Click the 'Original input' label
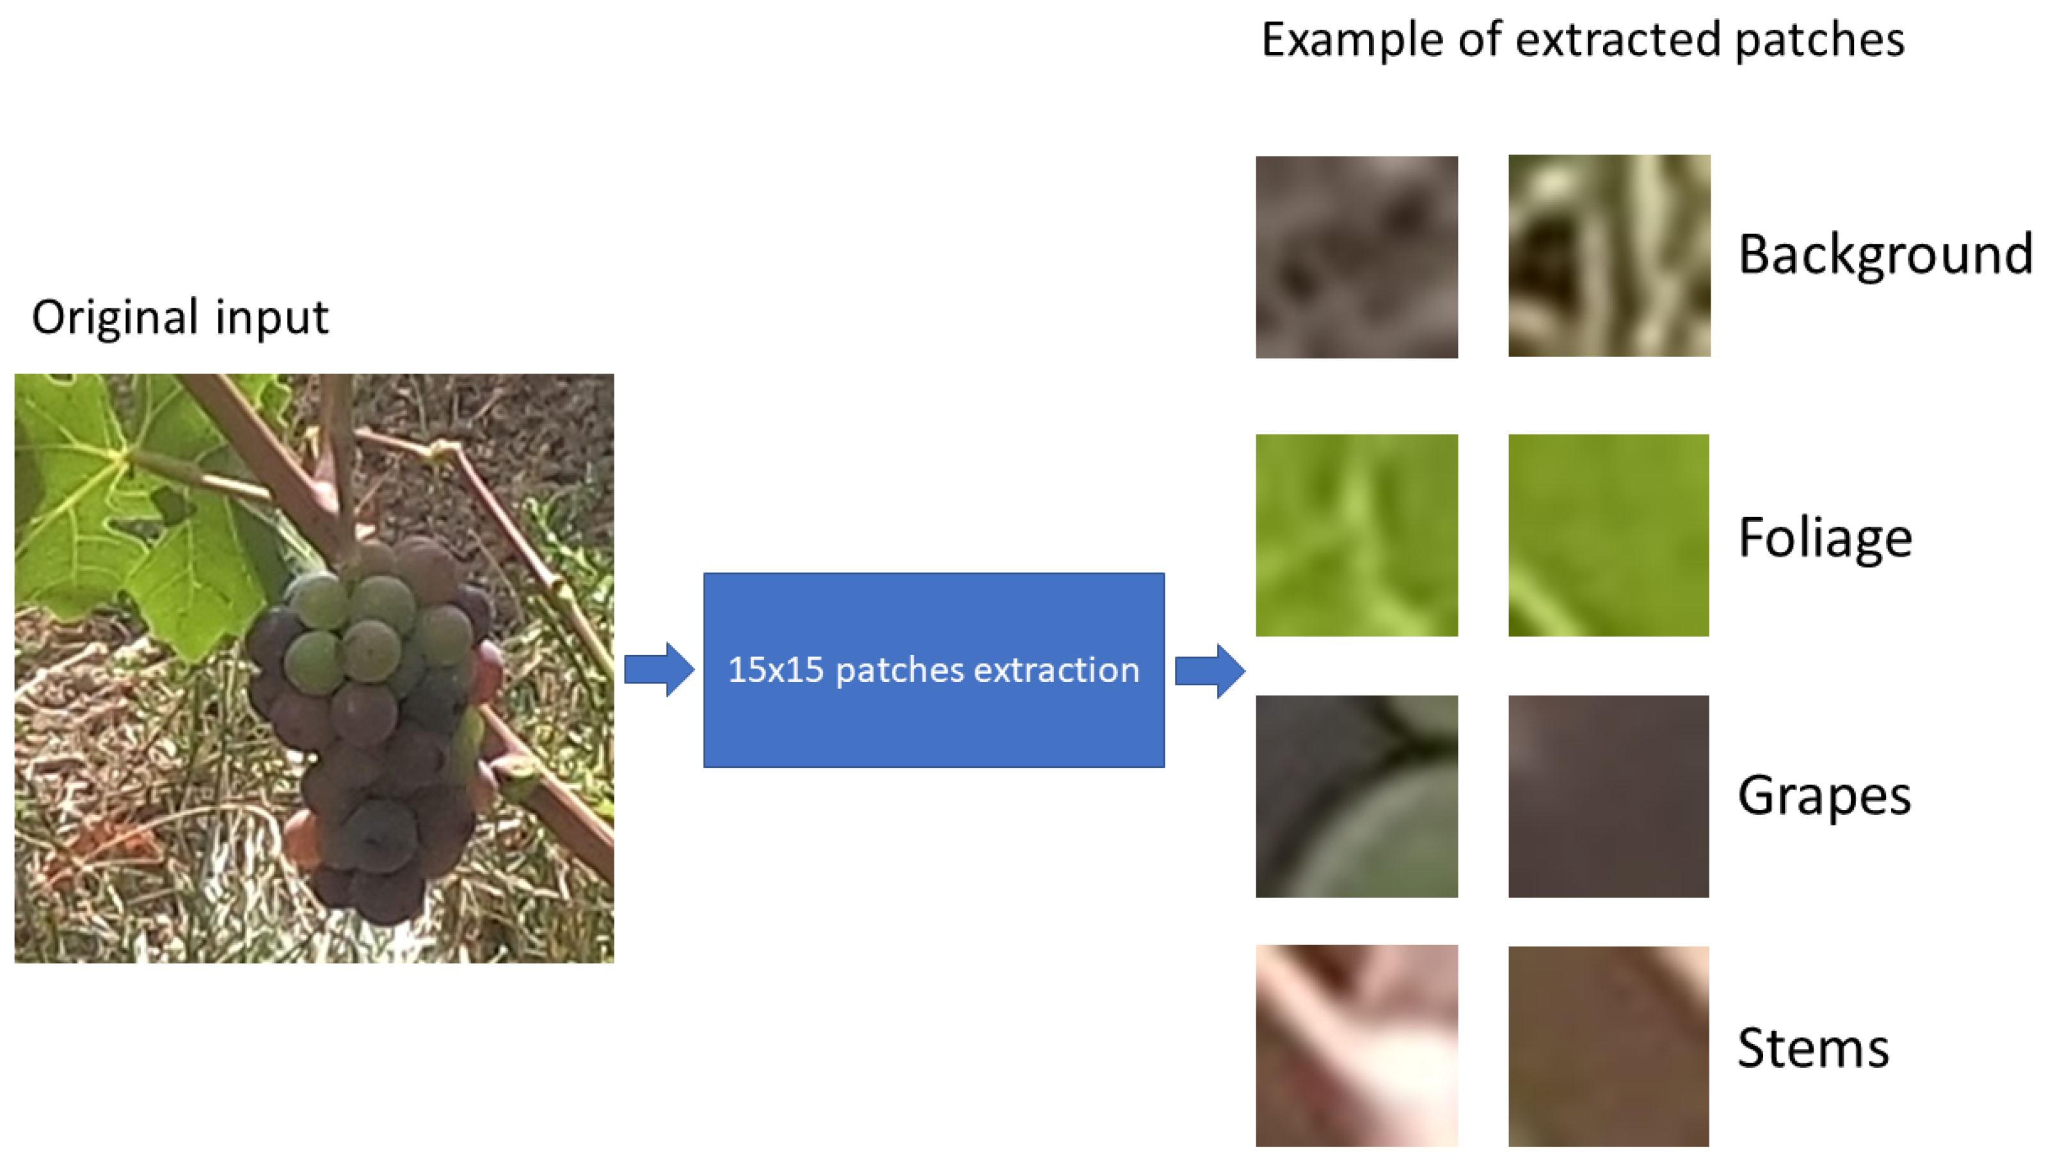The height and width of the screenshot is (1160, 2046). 179,318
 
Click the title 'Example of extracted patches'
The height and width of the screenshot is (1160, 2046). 1582,40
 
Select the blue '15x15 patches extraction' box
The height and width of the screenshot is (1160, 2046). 934,670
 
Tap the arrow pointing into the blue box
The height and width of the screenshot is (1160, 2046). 659,669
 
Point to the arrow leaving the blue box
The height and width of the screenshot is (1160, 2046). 1210,671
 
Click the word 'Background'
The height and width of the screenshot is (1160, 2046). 1885,255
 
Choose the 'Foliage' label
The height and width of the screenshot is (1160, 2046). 1825,538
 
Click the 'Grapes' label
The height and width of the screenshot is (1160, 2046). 1825,795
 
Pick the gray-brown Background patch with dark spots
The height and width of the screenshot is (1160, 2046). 1357,257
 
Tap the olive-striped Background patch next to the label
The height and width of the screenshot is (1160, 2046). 1610,256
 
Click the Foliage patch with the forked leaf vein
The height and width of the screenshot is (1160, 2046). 1357,536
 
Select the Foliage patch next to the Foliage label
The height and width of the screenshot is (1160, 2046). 1609,536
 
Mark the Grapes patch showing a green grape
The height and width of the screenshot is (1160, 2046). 1357,797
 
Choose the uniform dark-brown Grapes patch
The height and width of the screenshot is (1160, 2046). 1609,797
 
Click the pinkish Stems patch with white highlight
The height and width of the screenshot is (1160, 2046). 1357,1046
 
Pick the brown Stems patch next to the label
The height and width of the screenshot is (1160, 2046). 1609,1047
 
